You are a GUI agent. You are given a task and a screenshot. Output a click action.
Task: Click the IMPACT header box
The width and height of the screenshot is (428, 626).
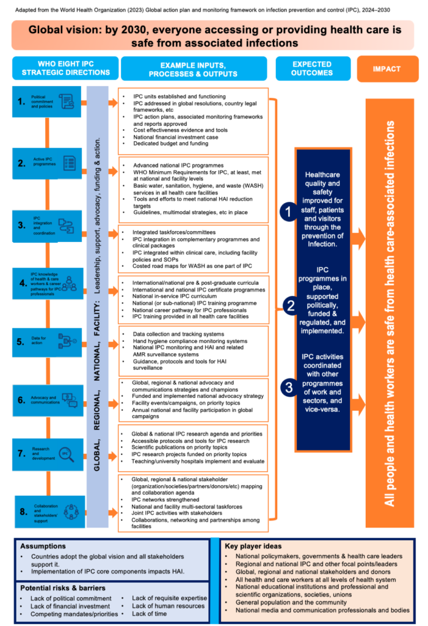[388, 69]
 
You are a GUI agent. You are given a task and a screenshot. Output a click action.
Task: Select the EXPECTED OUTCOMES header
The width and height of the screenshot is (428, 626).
[312, 68]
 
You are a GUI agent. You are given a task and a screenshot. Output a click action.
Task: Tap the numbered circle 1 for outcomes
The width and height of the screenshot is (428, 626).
[288, 212]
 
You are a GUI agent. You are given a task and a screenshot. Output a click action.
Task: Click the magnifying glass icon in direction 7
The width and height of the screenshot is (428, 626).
[65, 454]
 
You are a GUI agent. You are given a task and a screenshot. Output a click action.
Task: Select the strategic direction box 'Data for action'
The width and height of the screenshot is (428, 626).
[48, 341]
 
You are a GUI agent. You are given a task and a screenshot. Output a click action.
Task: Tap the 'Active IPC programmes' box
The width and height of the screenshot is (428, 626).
[48, 163]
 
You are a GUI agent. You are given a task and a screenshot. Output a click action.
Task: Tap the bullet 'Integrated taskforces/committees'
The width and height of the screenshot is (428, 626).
[173, 233]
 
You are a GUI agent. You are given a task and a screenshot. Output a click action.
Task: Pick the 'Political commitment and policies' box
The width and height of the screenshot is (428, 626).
[48, 101]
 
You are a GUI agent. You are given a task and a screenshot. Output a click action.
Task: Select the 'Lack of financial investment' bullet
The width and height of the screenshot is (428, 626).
[70, 606]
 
